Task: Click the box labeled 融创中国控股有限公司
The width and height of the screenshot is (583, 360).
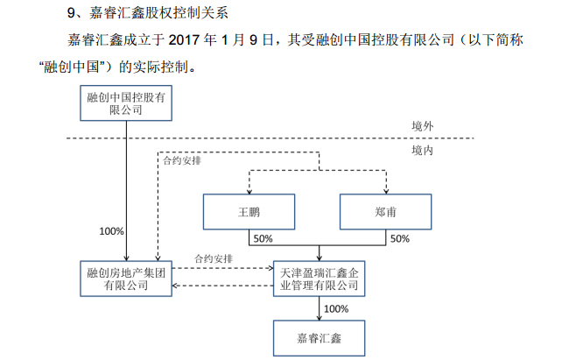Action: point(126,102)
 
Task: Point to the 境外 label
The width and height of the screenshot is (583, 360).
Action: point(422,127)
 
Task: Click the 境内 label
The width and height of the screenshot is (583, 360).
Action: point(422,151)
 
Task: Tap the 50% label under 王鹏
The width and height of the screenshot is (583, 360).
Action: point(263,239)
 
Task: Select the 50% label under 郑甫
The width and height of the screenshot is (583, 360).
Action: point(399,239)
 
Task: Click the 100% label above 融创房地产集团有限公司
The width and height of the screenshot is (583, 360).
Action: point(112,232)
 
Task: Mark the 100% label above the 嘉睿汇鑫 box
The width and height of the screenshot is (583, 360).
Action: point(336,308)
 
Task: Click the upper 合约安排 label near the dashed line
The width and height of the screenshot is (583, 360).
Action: point(182,161)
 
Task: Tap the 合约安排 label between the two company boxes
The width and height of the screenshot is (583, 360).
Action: point(214,259)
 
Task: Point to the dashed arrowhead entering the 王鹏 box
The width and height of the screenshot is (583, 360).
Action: point(249,191)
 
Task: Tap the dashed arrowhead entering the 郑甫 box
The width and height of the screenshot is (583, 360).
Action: point(386,191)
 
